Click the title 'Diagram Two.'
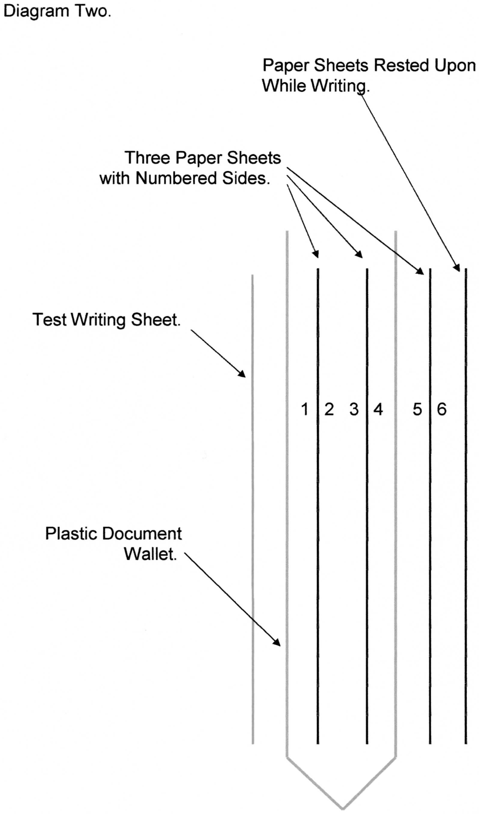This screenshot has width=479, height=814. (x=56, y=12)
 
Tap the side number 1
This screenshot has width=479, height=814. (x=305, y=409)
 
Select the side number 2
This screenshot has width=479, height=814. (x=329, y=409)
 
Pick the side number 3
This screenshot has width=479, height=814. (x=354, y=409)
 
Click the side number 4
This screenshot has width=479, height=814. (x=378, y=409)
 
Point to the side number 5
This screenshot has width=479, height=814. (x=417, y=409)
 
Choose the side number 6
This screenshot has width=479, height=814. (x=441, y=409)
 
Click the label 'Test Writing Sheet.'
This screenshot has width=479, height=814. (x=107, y=320)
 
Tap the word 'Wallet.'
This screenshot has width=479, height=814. (x=150, y=554)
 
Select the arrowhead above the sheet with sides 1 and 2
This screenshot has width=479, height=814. (x=316, y=254)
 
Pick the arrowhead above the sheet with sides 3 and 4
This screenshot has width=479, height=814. (x=359, y=254)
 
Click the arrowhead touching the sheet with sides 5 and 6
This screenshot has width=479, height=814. (x=419, y=271)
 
